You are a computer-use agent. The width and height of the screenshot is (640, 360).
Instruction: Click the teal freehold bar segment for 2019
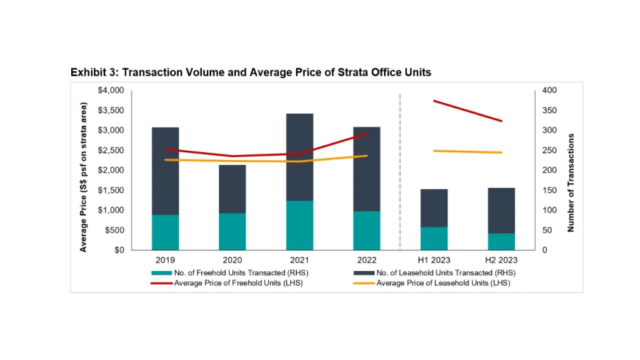[x=165, y=232]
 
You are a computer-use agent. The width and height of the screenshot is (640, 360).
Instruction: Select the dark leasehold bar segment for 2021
[x=299, y=157]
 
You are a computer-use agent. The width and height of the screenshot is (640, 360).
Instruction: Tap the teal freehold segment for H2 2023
[x=501, y=241]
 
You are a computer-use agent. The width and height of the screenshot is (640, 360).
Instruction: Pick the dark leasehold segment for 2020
[x=233, y=189]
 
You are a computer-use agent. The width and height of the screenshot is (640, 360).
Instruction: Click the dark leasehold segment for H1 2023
[x=434, y=208]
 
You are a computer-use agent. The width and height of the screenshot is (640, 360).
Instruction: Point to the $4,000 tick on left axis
[x=110, y=90]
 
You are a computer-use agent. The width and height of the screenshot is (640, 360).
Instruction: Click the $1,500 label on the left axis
[x=110, y=190]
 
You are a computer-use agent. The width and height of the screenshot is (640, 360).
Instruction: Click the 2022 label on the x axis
[x=367, y=260]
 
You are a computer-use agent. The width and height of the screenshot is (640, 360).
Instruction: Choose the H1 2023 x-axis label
[x=434, y=260]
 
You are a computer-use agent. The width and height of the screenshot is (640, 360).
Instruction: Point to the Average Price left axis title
[x=83, y=177]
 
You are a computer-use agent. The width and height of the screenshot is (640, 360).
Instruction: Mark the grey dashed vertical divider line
[x=400, y=171]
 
